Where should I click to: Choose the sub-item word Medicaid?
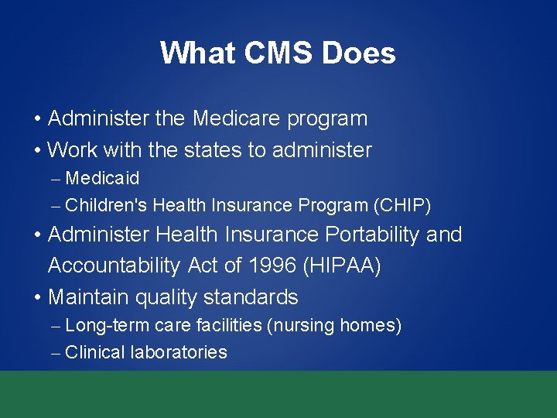(x=102, y=178)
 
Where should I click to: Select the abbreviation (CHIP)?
(x=402, y=205)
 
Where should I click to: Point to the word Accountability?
(x=115, y=266)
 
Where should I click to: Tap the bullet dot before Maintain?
(x=38, y=297)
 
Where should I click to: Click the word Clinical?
(x=95, y=352)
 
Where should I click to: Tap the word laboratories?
(x=179, y=352)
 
